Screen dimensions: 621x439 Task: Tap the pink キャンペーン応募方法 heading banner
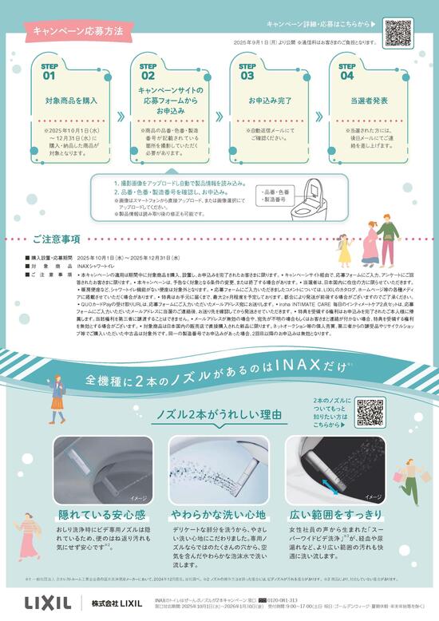coord(78,32)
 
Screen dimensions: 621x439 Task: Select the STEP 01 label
coord(49,72)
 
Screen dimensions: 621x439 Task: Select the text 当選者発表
coord(367,102)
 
